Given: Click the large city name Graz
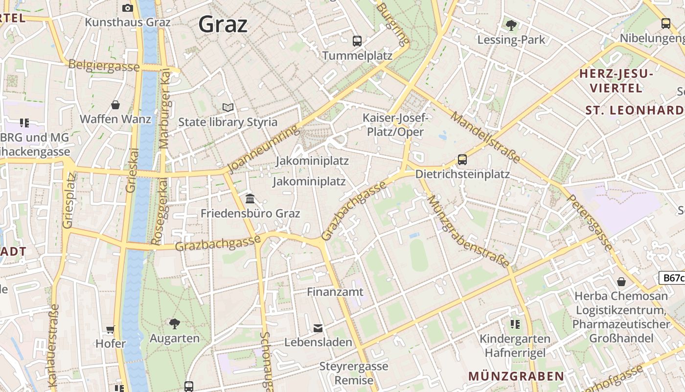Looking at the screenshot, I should pyautogui.click(x=223, y=24).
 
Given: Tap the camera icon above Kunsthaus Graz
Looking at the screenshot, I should pyautogui.click(x=128, y=8).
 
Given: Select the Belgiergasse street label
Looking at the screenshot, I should pyautogui.click(x=104, y=66).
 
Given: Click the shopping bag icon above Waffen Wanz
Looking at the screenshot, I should pyautogui.click(x=115, y=105).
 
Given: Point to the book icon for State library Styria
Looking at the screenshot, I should pyautogui.click(x=228, y=107).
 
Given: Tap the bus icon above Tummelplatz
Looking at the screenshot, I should pyautogui.click(x=357, y=41).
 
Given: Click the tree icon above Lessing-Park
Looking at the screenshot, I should pyautogui.click(x=511, y=25).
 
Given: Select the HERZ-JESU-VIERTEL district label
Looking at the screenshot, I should pyautogui.click(x=616, y=81).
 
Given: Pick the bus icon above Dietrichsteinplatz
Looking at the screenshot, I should pyautogui.click(x=462, y=160).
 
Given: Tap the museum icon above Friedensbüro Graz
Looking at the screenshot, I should pyautogui.click(x=250, y=198).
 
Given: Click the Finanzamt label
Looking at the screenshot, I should pyautogui.click(x=335, y=292).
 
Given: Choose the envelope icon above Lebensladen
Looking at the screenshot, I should pyautogui.click(x=318, y=328).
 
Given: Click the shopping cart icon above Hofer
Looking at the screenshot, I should pyautogui.click(x=111, y=330).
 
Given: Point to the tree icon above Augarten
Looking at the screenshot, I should pyautogui.click(x=174, y=323).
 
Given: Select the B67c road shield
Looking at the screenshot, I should pyautogui.click(x=672, y=278).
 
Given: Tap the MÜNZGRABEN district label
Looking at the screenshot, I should pyautogui.click(x=516, y=376).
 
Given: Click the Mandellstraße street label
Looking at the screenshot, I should pyautogui.click(x=485, y=137).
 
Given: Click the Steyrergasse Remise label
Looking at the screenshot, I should pyautogui.click(x=354, y=373).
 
